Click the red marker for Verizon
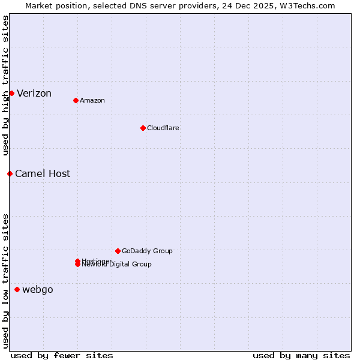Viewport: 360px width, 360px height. (x=11, y=93)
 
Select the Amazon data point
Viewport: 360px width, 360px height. (x=76, y=100)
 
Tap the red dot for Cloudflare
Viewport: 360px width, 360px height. (x=143, y=128)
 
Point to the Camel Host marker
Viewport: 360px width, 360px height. (x=10, y=173)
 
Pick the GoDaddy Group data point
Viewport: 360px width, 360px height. (x=118, y=251)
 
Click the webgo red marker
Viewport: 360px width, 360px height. (x=17, y=289)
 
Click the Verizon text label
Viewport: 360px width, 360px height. (x=34, y=93)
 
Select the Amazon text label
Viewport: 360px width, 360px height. (x=92, y=100)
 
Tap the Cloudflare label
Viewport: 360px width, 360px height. (x=163, y=128)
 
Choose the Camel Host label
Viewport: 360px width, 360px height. (x=43, y=173)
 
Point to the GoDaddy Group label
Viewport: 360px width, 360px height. (x=147, y=251)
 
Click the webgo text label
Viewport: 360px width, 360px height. (x=38, y=290)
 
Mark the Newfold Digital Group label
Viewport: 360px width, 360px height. (x=117, y=265)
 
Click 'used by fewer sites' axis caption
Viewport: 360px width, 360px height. (x=62, y=355)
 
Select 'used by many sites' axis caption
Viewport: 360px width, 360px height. (x=301, y=355)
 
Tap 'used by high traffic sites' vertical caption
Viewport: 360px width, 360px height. (x=5, y=86)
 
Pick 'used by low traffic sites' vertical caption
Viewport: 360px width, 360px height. (x=5, y=281)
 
